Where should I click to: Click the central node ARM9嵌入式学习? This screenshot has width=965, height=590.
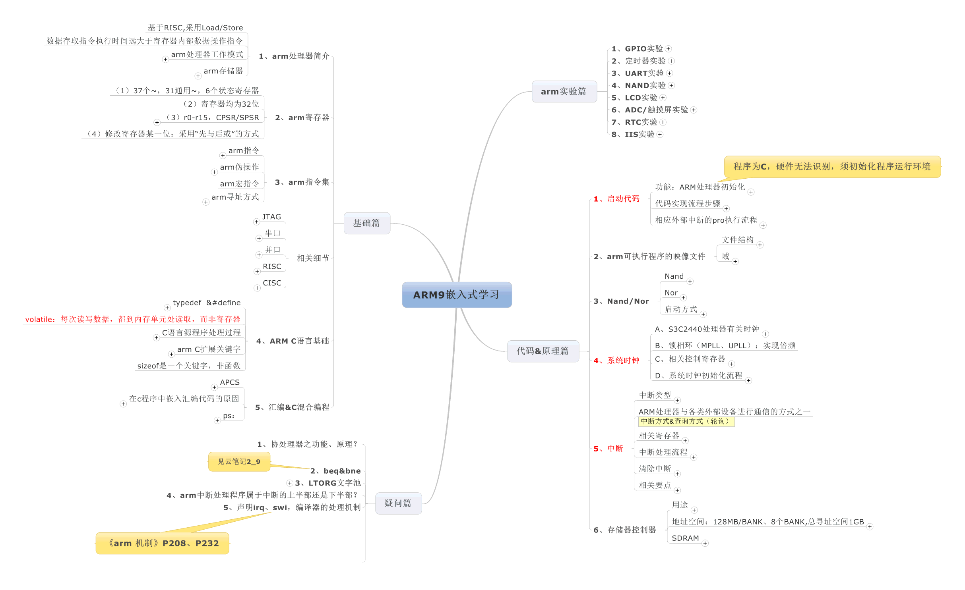457,295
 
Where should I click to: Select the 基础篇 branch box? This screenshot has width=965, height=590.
366,223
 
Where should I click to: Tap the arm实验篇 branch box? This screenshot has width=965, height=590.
564,92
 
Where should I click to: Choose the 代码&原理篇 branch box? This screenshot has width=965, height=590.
543,351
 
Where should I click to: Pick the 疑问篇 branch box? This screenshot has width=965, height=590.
398,503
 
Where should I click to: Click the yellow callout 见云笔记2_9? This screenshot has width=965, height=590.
239,461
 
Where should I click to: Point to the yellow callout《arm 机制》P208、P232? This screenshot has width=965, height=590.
163,543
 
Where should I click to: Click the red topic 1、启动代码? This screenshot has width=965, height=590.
616,199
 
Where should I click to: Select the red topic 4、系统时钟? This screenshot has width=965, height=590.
616,361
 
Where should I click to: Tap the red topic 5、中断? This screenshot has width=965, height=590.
608,449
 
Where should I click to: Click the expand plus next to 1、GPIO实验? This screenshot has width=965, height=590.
669,49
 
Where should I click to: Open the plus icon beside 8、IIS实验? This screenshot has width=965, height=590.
660,135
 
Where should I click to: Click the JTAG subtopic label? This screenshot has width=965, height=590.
271,217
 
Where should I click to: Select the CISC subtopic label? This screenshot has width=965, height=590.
272,283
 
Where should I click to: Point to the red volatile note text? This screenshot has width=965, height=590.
133,319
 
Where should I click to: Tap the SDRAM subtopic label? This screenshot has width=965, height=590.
685,538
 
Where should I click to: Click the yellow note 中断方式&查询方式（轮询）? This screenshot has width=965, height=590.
686,421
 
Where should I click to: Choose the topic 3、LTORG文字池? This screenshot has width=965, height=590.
328,483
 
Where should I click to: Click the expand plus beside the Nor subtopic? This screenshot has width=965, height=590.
684,298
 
